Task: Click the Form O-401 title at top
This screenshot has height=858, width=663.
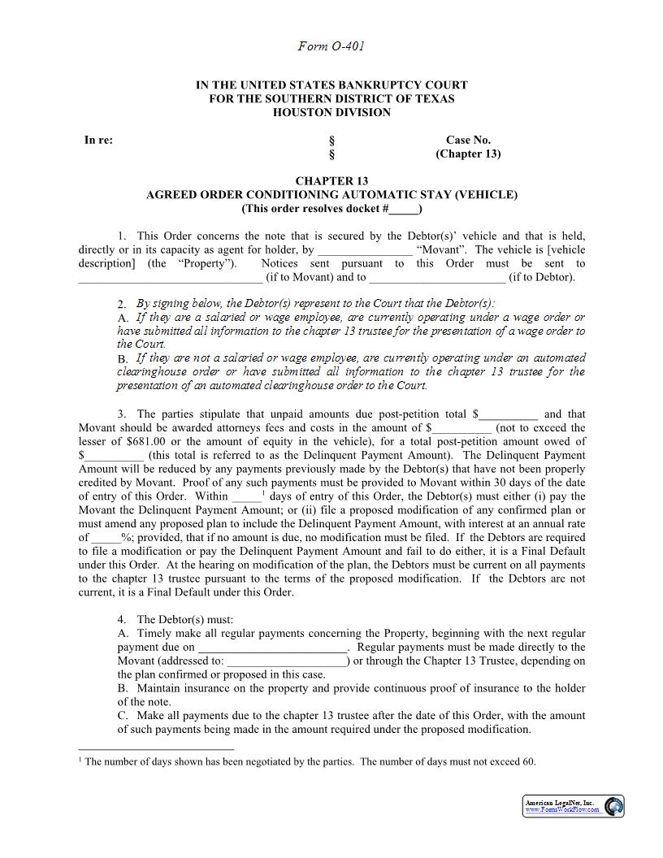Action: click(331, 46)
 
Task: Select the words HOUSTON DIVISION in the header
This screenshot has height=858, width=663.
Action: click(331, 112)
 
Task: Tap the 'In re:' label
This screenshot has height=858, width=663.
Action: click(98, 140)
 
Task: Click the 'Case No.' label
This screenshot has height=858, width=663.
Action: click(468, 140)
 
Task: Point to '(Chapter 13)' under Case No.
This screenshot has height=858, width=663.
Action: click(468, 154)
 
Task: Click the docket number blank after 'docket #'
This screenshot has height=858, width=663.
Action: click(404, 209)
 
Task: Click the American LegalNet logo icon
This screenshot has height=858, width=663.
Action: click(614, 806)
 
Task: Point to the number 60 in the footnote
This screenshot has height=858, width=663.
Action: click(529, 762)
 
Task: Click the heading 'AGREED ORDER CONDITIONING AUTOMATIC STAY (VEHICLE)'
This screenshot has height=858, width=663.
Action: click(331, 195)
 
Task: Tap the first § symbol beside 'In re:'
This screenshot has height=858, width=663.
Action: click(331, 140)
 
